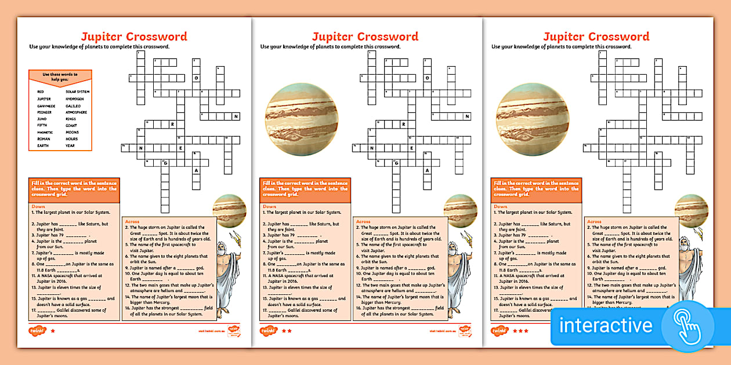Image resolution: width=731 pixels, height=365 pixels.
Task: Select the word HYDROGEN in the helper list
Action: point(75,99)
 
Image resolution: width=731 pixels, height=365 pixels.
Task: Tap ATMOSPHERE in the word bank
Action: point(77,112)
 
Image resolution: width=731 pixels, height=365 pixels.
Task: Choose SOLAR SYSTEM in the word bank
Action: point(78,92)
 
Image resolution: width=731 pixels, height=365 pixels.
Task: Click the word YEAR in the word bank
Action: point(71,146)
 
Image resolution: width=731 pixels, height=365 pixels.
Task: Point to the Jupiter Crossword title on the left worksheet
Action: point(134,37)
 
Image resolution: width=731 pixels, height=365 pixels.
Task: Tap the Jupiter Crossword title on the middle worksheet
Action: point(365,37)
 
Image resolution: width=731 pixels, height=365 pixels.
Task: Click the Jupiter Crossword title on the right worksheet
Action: point(596,37)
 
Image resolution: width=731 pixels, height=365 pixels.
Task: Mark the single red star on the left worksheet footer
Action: point(53,331)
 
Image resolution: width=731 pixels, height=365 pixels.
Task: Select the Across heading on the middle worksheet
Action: point(363,222)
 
